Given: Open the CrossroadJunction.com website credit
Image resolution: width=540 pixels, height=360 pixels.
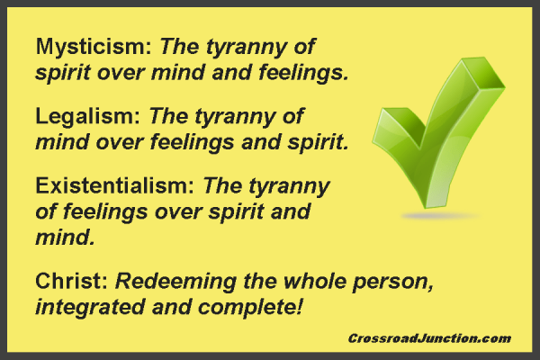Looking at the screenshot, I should point(428,338).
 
